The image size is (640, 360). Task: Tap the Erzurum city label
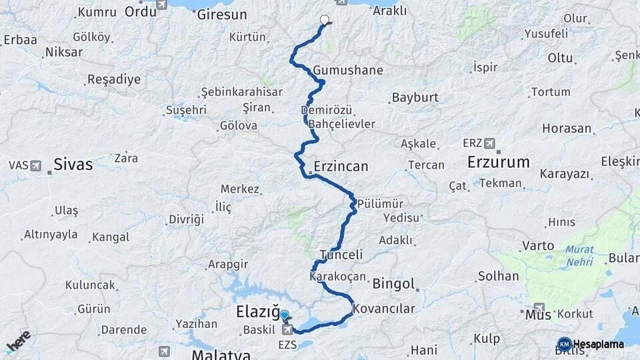498,162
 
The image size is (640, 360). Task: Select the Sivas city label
73,165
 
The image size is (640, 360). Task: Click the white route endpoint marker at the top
325,20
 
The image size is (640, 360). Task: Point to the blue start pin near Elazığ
285,316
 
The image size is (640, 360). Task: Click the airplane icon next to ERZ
490,143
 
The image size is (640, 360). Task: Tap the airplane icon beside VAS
35,165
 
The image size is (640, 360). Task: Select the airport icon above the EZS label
287,329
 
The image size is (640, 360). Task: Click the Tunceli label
341,255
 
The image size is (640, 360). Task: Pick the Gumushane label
348,70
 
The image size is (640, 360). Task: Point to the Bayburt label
415,97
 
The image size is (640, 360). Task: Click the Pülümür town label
379,203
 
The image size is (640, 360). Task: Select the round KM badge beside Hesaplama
564,344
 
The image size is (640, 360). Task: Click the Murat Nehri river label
580,257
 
